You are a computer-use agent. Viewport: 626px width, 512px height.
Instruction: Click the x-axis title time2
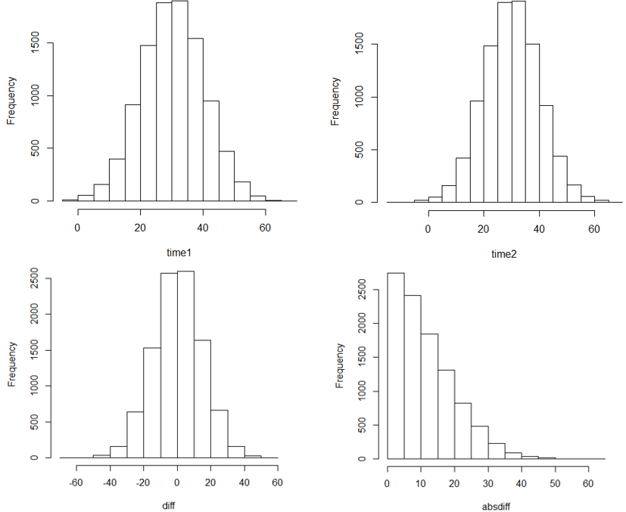(504, 254)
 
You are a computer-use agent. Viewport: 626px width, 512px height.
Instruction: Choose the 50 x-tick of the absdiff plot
(555, 482)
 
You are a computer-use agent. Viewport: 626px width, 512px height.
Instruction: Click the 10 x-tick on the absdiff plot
(420, 482)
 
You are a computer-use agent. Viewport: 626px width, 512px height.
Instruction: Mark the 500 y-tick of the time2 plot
(369, 149)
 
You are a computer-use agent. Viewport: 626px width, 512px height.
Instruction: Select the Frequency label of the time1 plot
(11, 100)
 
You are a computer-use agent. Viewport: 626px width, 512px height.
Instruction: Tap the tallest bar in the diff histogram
(185, 364)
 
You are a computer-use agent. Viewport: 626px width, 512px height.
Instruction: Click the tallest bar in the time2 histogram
(519, 101)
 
